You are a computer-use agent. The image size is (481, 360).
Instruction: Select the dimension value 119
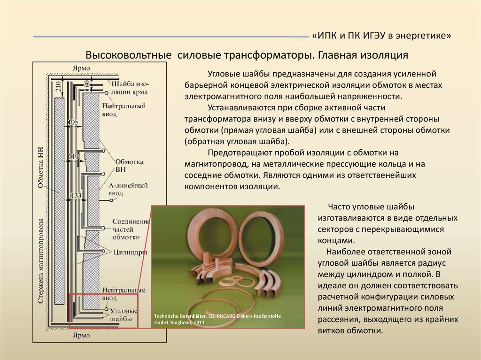pos(74,156)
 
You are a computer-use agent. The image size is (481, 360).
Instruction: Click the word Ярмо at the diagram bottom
pos(81,336)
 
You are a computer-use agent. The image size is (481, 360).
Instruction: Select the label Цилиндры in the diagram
pos(130,252)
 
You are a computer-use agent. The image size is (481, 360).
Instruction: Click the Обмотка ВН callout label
pos(123,165)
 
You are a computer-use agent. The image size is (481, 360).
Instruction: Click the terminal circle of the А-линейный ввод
pos(112,200)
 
